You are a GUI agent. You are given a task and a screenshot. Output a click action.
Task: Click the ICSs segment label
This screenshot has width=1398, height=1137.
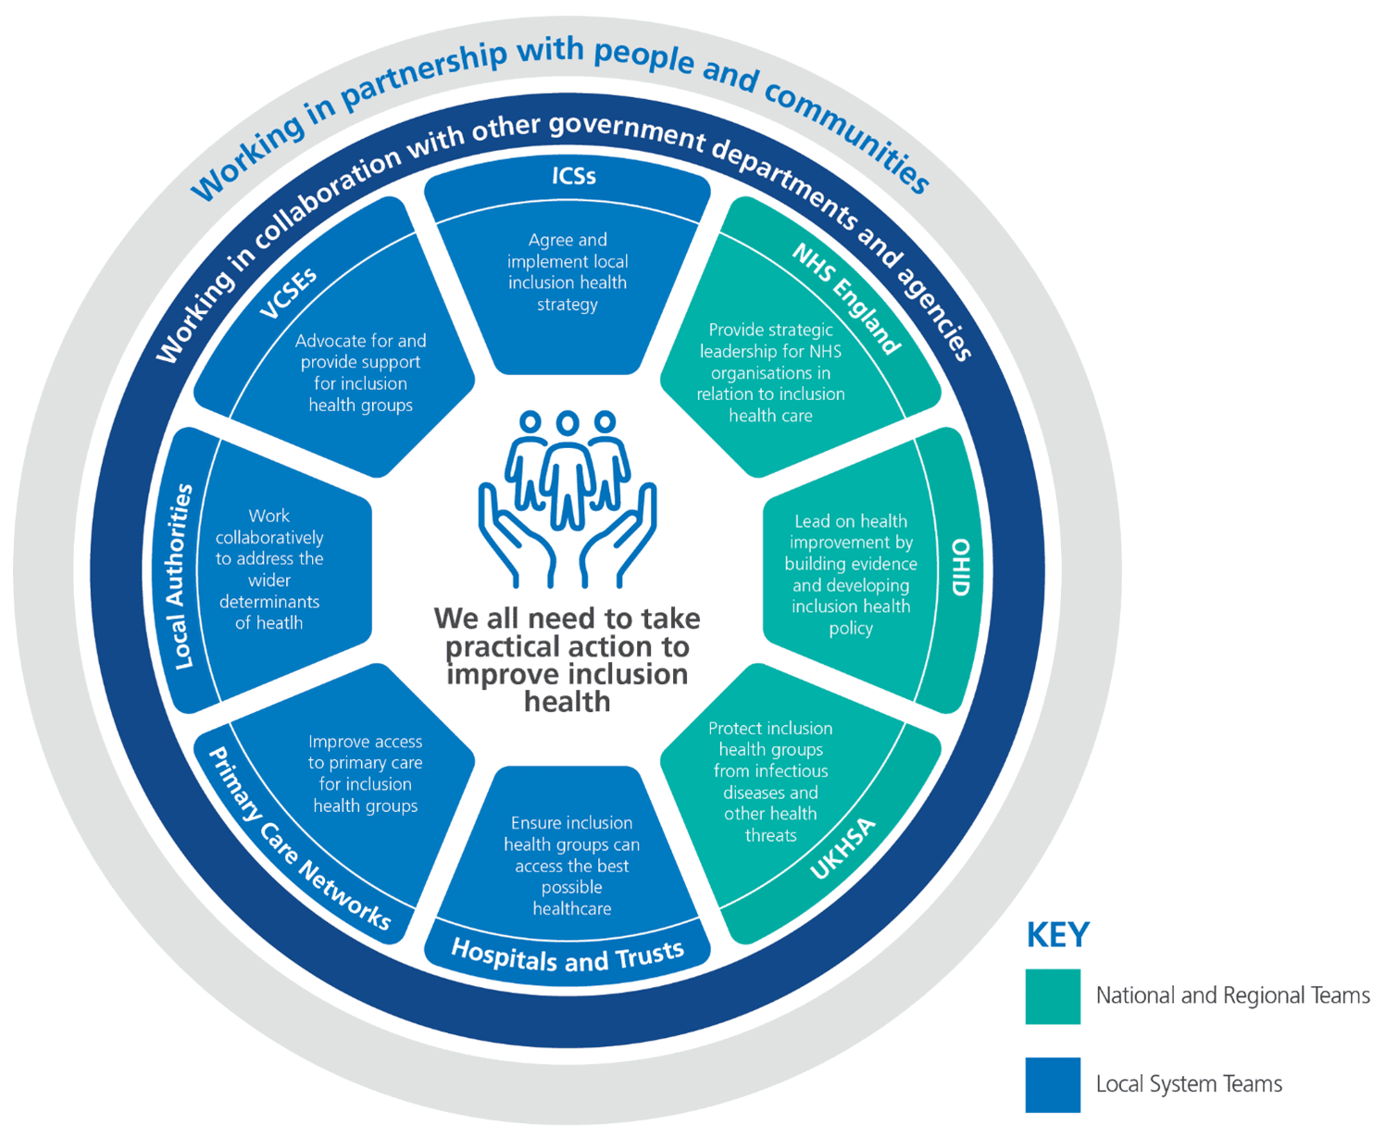(573, 176)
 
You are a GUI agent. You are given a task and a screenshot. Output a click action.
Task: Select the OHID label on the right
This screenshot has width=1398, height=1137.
(960, 568)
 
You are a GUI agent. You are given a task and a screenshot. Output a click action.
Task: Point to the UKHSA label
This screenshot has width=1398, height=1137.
(843, 850)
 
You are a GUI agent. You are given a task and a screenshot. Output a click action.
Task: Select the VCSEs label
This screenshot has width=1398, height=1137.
(288, 294)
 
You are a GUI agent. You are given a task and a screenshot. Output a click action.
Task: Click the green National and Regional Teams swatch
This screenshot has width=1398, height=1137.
(1053, 996)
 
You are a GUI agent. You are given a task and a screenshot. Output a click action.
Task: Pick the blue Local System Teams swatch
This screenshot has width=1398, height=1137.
(1053, 1084)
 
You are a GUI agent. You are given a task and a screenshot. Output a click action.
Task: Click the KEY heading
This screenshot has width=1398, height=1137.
(1058, 935)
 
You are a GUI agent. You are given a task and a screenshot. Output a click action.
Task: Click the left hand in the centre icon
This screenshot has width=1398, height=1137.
(515, 538)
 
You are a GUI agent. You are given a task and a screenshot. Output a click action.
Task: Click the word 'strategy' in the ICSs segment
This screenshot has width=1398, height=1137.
(568, 305)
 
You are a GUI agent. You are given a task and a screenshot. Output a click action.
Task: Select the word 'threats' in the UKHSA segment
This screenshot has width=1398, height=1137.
(770, 835)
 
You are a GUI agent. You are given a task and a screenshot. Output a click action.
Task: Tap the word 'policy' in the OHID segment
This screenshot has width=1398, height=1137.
(850, 629)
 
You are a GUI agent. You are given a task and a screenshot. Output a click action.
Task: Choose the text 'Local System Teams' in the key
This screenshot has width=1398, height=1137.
(1189, 1084)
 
